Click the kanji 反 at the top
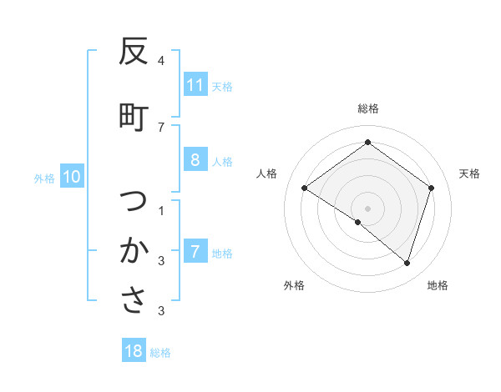click(x=134, y=52)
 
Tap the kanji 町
click(x=134, y=118)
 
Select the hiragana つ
click(x=134, y=201)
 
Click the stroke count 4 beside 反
click(x=160, y=61)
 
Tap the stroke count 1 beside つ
click(x=160, y=209)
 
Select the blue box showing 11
click(x=195, y=85)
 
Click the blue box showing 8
click(x=195, y=160)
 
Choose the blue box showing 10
click(x=72, y=176)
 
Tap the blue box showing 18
click(x=134, y=351)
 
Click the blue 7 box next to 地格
click(x=195, y=252)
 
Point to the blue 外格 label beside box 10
click(x=44, y=178)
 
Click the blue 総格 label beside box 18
click(x=160, y=353)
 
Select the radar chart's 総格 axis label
click(x=368, y=108)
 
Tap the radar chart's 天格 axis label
click(x=470, y=173)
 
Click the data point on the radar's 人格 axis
click(x=305, y=188)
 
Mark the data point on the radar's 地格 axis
click(x=407, y=264)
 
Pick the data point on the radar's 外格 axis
click(x=358, y=222)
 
